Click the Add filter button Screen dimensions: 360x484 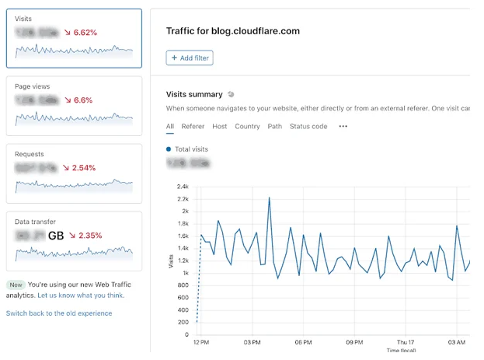[189, 58]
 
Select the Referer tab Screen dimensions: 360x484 [193, 126]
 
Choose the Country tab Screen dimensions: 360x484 [247, 126]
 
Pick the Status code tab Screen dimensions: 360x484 [308, 126]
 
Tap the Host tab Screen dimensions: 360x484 [220, 126]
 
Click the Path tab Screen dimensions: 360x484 [275, 126]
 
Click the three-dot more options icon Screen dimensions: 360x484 [343, 126]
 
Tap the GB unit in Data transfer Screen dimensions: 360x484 [56, 235]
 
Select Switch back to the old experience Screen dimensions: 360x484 [59, 313]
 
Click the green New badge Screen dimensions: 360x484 [16, 285]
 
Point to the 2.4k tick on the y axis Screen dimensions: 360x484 [183, 187]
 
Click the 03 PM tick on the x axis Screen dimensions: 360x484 [252, 342]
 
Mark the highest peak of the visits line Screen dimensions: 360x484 [269, 197]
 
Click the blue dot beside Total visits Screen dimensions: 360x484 [169, 149]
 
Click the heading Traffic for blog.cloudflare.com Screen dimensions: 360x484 [233, 31]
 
